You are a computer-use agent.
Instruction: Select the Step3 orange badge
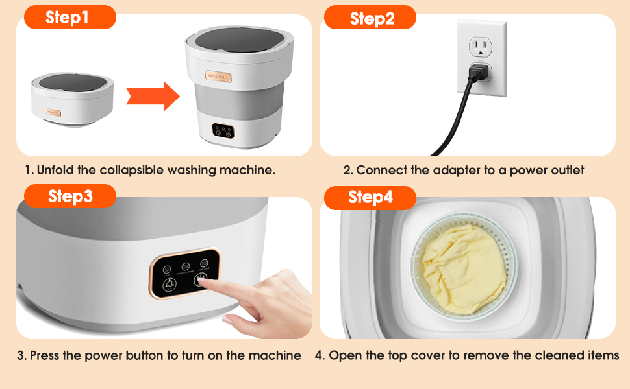pos(69,196)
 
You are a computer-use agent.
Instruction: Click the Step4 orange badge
pos(370,197)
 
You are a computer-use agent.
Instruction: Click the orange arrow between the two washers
pos(152,96)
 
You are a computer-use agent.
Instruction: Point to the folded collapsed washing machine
pos(71,98)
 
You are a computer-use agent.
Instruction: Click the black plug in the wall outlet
pos(479,74)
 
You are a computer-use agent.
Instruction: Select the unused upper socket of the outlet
pos(481,45)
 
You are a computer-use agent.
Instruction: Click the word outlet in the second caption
pos(566,171)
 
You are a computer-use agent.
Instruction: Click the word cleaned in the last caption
pos(561,356)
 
